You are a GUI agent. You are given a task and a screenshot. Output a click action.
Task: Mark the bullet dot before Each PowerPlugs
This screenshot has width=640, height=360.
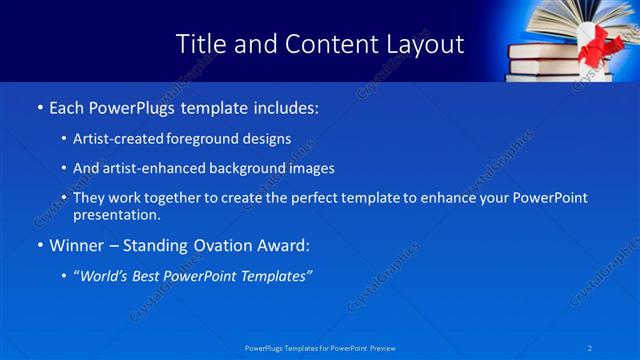39,107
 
